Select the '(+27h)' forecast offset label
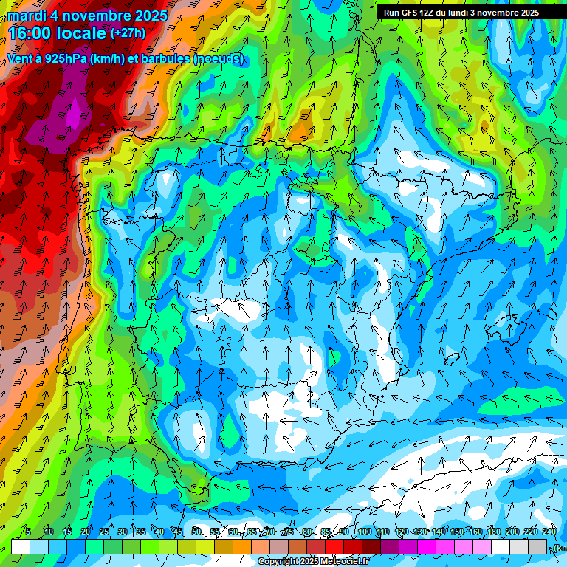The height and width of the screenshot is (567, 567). coord(128,33)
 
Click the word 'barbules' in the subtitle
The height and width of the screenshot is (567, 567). coord(166,58)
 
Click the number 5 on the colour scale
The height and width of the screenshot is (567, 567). coord(28,532)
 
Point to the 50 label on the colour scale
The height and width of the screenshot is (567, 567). coord(196,532)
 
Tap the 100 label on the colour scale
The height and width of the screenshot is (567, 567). coord(365,532)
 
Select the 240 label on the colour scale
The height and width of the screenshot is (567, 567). coord(549,532)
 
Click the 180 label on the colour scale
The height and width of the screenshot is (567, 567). coord(493,532)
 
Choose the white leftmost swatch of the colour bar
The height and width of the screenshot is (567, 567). coord(21,546)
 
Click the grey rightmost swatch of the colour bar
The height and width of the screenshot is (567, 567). coord(537,546)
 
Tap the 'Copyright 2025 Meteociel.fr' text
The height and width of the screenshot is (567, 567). coord(314,562)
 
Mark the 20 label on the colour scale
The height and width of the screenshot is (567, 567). coord(85,532)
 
